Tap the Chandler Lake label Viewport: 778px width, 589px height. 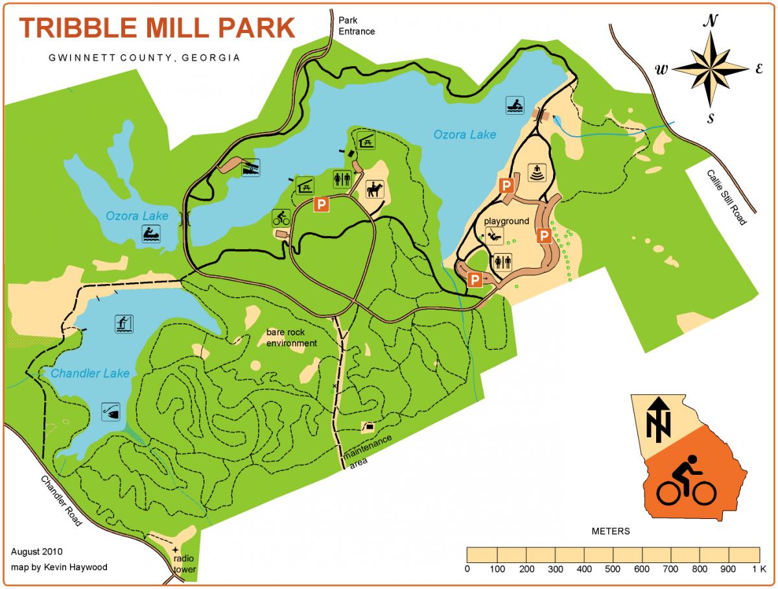90,373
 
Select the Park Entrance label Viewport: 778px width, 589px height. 356,25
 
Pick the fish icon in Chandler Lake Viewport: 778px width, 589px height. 112,411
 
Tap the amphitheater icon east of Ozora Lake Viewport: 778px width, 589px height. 538,173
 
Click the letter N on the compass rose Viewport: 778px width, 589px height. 711,21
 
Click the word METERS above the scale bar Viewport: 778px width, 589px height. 611,531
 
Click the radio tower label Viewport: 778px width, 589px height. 183,565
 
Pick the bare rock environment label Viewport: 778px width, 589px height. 292,338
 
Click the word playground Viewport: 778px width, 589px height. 507,221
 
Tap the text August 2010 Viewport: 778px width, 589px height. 36,552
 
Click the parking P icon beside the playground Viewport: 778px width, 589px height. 545,235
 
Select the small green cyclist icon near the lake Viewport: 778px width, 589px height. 281,217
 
